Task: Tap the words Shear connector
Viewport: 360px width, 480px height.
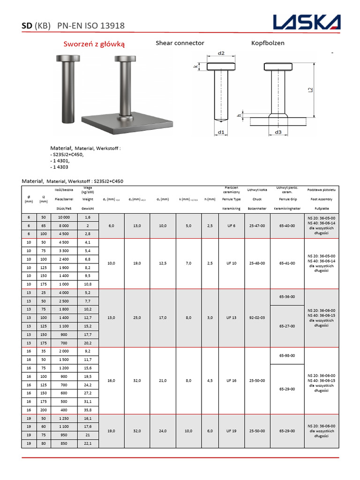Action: click(180, 43)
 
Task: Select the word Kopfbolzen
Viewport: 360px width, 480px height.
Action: click(268, 43)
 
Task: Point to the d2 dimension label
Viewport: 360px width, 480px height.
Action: click(222, 53)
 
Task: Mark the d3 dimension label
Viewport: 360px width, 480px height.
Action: click(278, 132)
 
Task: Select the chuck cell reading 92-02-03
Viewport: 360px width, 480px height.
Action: click(257, 318)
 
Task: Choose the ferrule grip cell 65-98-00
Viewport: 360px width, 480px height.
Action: click(286, 356)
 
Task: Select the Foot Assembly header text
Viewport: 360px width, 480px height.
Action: click(322, 199)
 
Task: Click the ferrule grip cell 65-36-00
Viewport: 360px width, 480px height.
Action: click(286, 297)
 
